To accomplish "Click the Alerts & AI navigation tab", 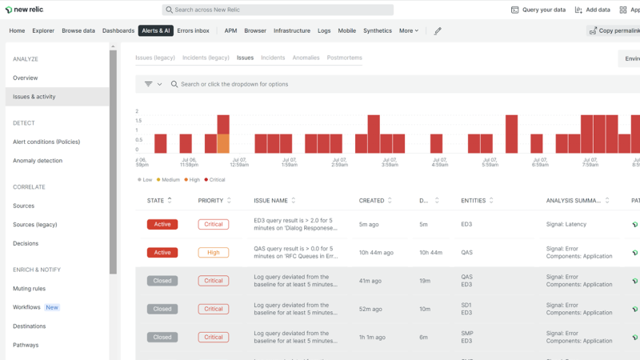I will (155, 31).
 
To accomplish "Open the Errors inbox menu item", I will (193, 31).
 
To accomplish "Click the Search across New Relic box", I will (278, 10).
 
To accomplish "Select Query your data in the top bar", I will (538, 10).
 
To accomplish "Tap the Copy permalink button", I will (614, 31).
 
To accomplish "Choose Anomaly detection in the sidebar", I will (38, 161).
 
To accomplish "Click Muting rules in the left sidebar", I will (29, 289).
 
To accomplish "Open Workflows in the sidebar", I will (26, 307).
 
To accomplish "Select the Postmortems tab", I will (344, 58).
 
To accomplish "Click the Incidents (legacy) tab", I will (206, 58).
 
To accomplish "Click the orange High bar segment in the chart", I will (223, 143).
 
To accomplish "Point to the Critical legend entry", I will (215, 180).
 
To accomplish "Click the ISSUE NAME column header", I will (270, 201).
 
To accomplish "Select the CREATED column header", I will (371, 201).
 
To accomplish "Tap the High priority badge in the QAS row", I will (214, 253).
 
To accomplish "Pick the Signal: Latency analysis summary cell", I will (566, 225).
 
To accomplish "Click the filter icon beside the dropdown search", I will (149, 84).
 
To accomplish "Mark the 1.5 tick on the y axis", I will (138, 130).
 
